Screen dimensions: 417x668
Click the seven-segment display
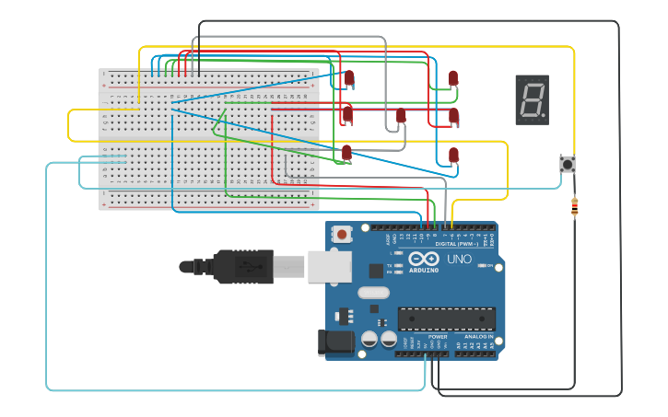[532, 99]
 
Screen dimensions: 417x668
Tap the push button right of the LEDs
[568, 165]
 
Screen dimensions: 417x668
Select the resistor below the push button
[575, 209]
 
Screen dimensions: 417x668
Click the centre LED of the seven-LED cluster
[401, 117]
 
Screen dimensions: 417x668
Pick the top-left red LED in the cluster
[348, 79]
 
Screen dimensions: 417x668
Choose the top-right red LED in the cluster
[452, 79]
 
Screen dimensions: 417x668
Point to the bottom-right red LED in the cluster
[453, 155]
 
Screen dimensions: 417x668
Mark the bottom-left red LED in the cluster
[346, 153]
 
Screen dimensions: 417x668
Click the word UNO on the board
[459, 260]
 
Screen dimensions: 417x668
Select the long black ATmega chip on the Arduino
[446, 319]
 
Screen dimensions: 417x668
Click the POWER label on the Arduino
[438, 337]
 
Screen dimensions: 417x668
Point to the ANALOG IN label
[477, 337]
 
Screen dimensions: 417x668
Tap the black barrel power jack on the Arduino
[335, 342]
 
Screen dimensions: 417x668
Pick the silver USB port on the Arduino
[329, 267]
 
